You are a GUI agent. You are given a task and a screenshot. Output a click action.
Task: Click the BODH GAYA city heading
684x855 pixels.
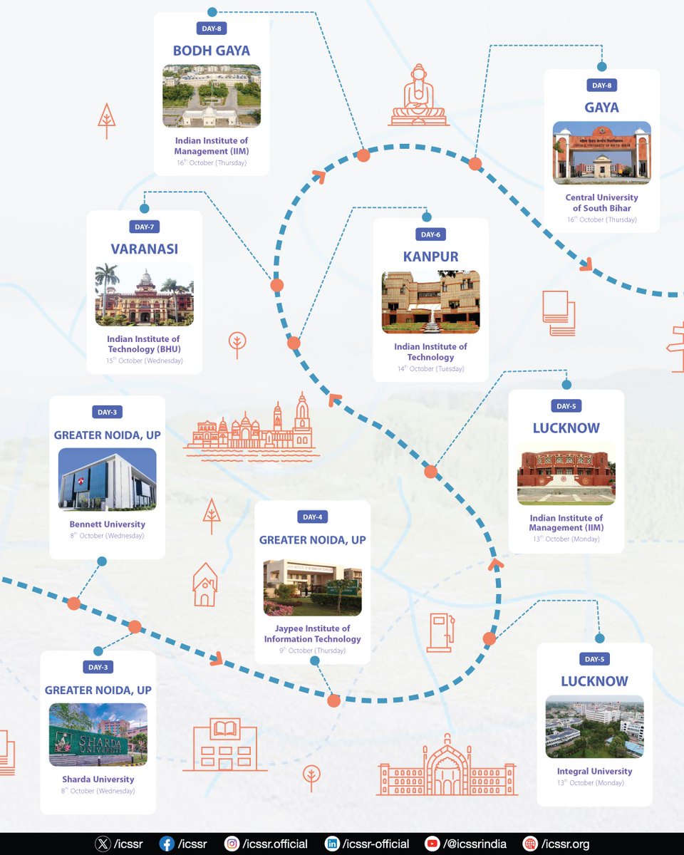tap(212, 51)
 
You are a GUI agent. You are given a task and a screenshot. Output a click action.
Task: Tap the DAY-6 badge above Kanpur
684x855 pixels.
tap(430, 234)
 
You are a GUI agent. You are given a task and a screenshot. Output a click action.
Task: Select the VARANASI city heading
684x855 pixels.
tap(144, 249)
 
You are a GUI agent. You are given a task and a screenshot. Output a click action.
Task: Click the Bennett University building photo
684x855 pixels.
tap(107, 480)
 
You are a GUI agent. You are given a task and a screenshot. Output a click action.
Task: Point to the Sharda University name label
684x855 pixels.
tap(98, 779)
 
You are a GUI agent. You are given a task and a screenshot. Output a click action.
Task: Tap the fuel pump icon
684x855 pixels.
tap(440, 632)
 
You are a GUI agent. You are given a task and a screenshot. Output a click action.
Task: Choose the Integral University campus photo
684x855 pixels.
tap(594, 726)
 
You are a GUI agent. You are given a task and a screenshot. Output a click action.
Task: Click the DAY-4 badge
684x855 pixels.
tap(312, 517)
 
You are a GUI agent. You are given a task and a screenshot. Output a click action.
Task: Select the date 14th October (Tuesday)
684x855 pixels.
tap(430, 369)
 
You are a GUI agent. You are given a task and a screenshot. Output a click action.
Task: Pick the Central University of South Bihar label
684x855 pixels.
tap(601, 202)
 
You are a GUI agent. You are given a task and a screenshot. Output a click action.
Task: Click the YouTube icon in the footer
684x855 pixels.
tap(432, 844)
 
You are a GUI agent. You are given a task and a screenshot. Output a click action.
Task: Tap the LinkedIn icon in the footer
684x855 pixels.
tap(332, 844)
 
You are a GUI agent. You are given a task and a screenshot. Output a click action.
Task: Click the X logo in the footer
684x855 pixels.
tap(103, 844)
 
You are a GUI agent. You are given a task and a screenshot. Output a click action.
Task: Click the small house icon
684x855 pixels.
tap(204, 585)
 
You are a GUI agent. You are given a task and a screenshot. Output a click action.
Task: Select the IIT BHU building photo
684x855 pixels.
tap(144, 294)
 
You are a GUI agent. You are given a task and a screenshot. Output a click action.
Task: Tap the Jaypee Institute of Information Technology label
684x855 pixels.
tap(312, 633)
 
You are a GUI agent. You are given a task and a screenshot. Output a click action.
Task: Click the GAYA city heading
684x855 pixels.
tap(601, 108)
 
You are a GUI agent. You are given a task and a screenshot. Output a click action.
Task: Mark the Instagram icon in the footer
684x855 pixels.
tap(232, 844)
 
